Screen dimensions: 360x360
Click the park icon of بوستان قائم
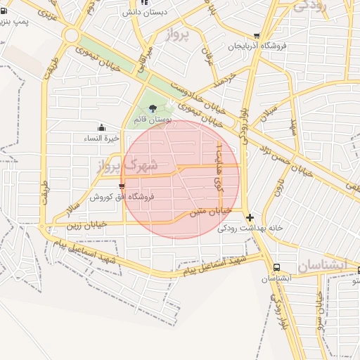coord(153,108)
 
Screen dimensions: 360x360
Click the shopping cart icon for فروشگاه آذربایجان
coord(257,36)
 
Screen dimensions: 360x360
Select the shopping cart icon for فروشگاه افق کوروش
coord(122,186)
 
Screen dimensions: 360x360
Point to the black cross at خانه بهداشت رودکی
coord(250,217)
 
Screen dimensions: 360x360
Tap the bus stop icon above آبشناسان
coord(277,268)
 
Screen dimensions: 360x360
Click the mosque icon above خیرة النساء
coord(102,127)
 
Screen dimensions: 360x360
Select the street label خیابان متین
coord(212,210)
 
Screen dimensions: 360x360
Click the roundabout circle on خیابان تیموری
coord(70,34)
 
